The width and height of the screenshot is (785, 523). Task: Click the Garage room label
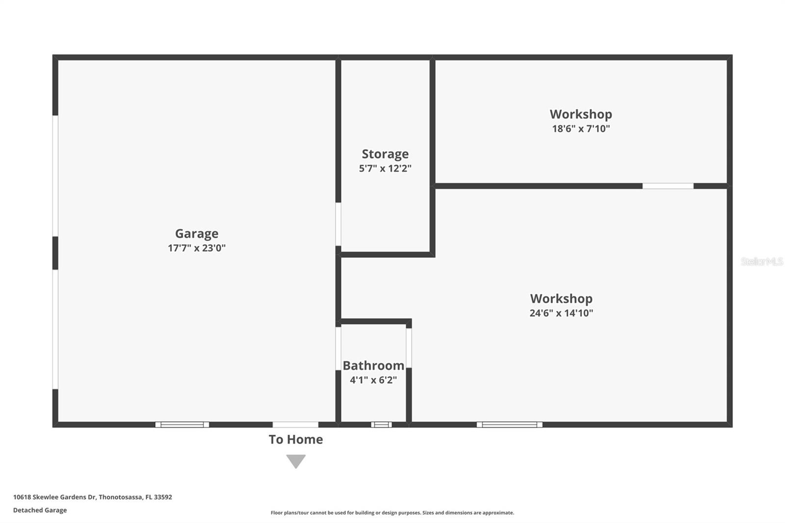click(x=197, y=234)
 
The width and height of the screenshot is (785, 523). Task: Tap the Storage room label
click(x=385, y=154)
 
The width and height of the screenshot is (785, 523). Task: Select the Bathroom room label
click(x=373, y=366)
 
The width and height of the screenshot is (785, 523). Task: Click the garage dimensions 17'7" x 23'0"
click(x=197, y=248)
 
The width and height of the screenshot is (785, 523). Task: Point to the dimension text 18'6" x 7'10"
click(x=581, y=129)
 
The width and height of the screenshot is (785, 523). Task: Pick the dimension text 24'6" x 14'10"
click(x=561, y=313)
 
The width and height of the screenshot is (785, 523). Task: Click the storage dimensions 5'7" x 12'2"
click(x=385, y=168)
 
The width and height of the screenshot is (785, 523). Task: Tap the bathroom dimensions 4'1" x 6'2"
click(x=373, y=380)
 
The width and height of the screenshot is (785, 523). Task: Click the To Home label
click(x=296, y=440)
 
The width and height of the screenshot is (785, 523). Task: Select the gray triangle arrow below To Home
click(x=296, y=461)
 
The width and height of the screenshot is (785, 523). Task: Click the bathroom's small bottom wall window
click(x=381, y=424)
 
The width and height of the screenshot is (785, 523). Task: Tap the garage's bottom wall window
click(x=182, y=424)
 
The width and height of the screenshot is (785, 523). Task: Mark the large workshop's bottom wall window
click(x=509, y=424)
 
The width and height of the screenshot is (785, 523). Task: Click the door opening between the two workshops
click(x=668, y=186)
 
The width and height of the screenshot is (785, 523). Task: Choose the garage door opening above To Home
click(x=295, y=424)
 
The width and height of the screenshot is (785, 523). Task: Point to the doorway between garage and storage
click(x=338, y=224)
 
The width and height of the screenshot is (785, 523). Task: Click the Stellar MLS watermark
click(x=761, y=261)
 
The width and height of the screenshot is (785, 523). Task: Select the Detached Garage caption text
click(x=40, y=510)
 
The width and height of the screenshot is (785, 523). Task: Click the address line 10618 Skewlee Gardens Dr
click(x=92, y=497)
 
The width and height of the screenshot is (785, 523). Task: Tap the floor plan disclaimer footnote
click(x=392, y=513)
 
